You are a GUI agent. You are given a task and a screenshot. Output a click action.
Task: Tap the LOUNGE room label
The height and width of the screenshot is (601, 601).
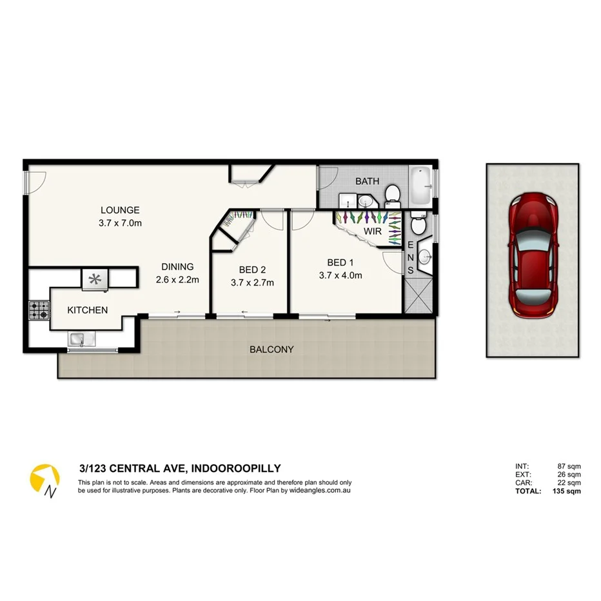tap(119, 210)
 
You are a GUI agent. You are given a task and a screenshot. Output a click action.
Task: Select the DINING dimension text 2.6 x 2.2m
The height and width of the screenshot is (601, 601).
tap(177, 280)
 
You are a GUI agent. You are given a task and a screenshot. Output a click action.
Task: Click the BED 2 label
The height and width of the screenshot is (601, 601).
tap(252, 270)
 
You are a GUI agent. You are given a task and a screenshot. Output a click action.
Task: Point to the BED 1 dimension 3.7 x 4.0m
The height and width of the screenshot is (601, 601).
tap(340, 275)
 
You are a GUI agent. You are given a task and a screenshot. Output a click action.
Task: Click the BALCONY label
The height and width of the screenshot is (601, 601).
tap(271, 350)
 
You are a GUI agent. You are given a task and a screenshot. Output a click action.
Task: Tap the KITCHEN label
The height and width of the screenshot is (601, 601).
tap(88, 310)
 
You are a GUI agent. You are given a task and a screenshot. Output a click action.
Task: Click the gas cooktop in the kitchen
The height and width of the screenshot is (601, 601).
tap(38, 310)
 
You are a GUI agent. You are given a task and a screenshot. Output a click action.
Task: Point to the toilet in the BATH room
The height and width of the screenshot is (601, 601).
tap(391, 193)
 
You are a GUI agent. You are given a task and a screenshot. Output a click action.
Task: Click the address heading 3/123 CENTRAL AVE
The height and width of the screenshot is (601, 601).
tap(179, 469)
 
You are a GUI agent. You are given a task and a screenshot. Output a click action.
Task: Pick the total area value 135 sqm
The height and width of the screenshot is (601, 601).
tap(567, 491)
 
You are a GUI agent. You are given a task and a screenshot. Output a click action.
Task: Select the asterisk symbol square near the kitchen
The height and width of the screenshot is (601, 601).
tap(95, 279)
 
